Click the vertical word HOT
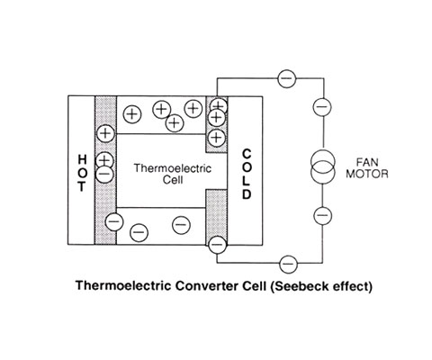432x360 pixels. (x=83, y=173)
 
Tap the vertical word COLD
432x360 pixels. (x=247, y=175)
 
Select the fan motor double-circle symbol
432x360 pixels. (x=323, y=166)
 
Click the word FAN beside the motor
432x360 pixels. (x=367, y=162)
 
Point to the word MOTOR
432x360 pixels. (x=367, y=174)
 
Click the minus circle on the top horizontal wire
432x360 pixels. (x=287, y=78)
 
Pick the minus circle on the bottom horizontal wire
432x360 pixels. (x=288, y=264)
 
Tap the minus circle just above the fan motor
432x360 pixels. (x=322, y=106)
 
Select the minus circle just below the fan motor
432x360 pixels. (x=322, y=215)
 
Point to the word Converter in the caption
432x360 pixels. (x=207, y=286)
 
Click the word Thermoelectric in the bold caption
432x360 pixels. (x=124, y=286)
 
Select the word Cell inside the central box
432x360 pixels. (x=173, y=180)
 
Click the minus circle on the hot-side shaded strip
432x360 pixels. (x=104, y=174)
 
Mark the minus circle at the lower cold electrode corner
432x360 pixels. (x=217, y=244)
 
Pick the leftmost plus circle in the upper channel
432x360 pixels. (x=132, y=114)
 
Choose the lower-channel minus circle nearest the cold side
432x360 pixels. (x=181, y=225)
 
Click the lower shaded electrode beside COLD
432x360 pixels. (x=216, y=217)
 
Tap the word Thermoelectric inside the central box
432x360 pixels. (x=173, y=168)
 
